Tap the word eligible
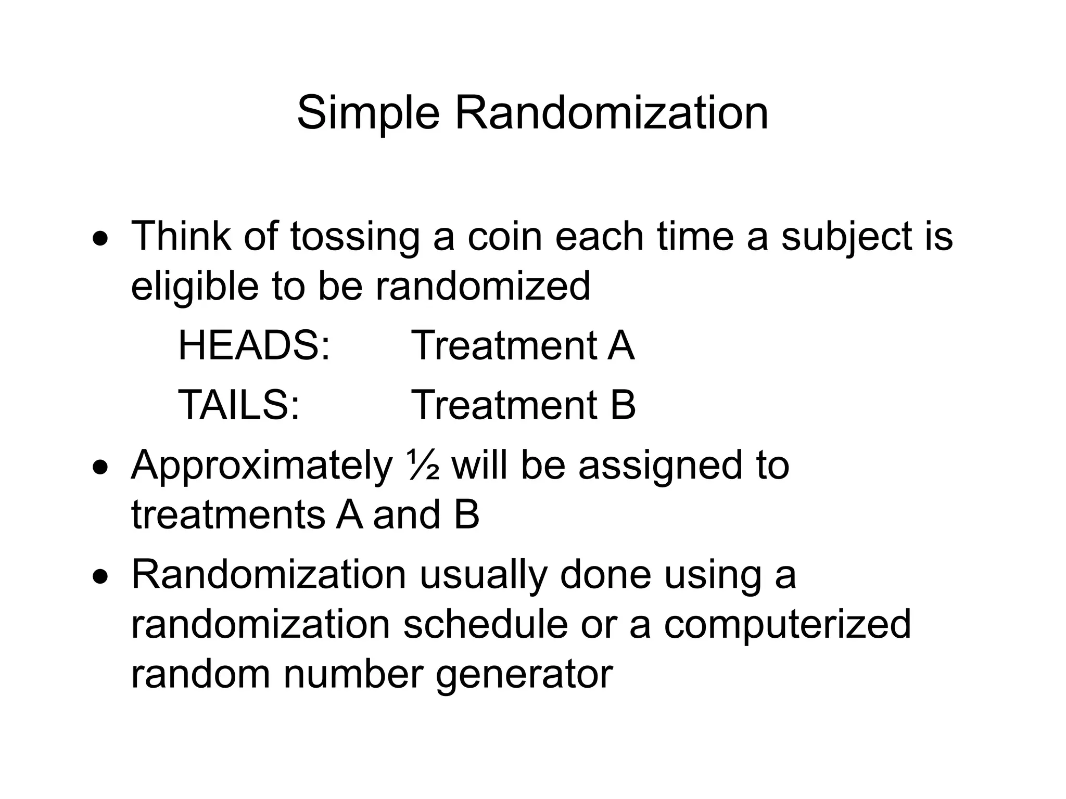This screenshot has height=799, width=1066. pyautogui.click(x=195, y=287)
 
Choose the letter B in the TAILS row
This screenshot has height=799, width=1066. pyautogui.click(x=623, y=405)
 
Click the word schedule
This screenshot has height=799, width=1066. pyautogui.click(x=485, y=624)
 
